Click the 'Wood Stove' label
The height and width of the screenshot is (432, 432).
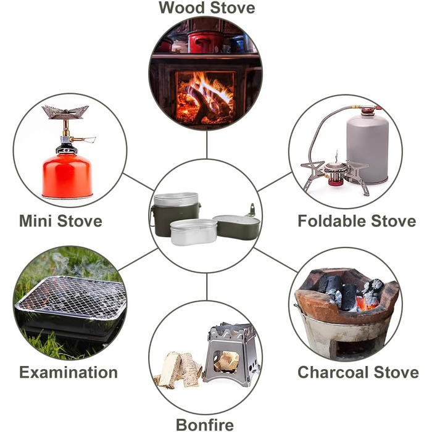(207, 7)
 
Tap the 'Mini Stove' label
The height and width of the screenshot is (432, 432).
(60, 221)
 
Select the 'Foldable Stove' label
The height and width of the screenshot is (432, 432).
(357, 221)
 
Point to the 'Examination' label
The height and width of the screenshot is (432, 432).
(69, 372)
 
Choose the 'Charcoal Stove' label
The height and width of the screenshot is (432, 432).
(358, 372)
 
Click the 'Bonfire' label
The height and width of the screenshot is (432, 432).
(205, 425)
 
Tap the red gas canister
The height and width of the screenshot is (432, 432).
(67, 176)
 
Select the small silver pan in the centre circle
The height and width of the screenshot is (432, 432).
(193, 232)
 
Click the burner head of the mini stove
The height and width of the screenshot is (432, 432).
(65, 112)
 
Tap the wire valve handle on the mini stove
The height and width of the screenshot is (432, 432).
(85, 139)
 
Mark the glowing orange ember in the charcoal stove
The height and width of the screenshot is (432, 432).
(366, 302)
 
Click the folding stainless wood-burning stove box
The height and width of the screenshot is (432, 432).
(231, 354)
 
